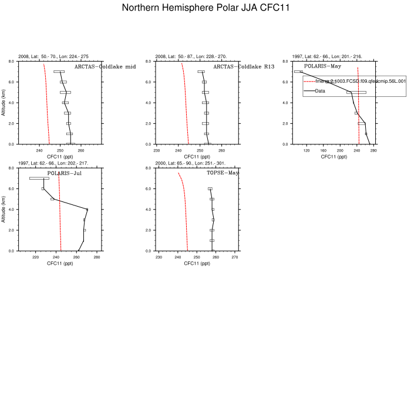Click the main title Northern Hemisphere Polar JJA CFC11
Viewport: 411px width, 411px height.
click(x=206, y=8)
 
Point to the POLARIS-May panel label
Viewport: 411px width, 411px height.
click(x=322, y=66)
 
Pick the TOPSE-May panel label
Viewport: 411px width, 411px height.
click(x=223, y=173)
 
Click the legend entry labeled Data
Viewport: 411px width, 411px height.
click(x=320, y=91)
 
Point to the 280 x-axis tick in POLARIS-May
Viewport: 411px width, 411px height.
click(x=373, y=150)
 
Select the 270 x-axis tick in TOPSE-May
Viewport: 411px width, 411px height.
click(x=235, y=257)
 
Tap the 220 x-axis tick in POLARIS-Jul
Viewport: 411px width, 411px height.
click(x=35, y=257)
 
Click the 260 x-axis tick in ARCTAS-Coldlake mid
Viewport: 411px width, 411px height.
click(x=81, y=150)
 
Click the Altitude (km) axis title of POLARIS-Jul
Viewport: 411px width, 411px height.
click(x=4, y=209)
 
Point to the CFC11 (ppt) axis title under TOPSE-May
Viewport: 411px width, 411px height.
click(x=197, y=264)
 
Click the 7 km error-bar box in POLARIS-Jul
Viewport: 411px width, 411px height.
click(x=39, y=178)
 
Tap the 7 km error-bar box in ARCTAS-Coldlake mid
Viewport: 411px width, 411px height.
click(x=59, y=72)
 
